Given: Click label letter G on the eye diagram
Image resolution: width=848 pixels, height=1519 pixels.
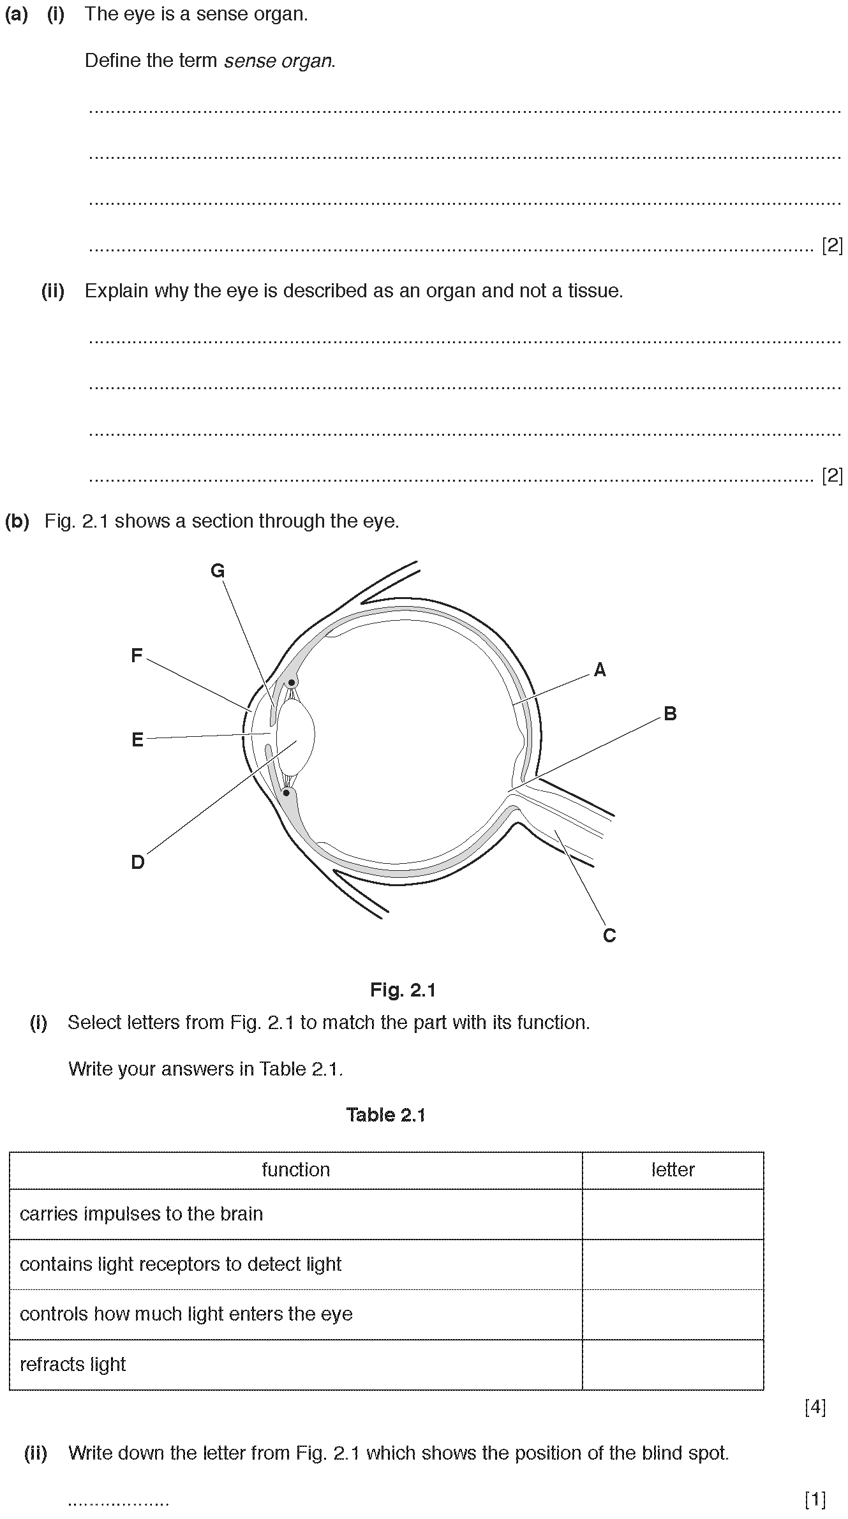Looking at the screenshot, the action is click(x=218, y=571).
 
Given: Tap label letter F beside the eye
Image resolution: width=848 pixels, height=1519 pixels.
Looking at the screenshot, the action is click(x=137, y=655).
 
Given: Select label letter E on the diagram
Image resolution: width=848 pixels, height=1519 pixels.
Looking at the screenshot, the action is click(x=137, y=739).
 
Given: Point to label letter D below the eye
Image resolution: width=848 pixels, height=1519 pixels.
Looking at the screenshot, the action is click(x=138, y=863).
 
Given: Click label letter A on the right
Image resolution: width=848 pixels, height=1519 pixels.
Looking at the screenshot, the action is click(x=600, y=669).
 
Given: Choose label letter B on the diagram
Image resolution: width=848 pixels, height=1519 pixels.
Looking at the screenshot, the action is click(x=670, y=713).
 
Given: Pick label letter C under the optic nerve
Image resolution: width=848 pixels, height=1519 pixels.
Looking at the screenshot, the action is click(x=609, y=936).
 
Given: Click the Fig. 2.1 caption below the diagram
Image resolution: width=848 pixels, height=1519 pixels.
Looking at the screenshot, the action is click(x=403, y=990).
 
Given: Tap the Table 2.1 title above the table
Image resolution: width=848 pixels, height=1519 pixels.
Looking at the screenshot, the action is click(x=385, y=1115).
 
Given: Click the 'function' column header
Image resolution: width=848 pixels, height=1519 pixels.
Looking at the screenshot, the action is click(x=296, y=1169).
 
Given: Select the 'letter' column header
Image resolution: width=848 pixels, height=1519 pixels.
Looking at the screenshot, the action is click(x=673, y=1169).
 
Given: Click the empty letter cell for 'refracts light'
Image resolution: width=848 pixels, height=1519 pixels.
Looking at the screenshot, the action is click(x=673, y=1365).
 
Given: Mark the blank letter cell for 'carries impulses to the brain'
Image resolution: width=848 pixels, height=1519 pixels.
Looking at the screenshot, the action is click(x=673, y=1214).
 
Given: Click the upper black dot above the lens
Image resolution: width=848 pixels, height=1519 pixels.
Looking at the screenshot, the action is click(x=291, y=682).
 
